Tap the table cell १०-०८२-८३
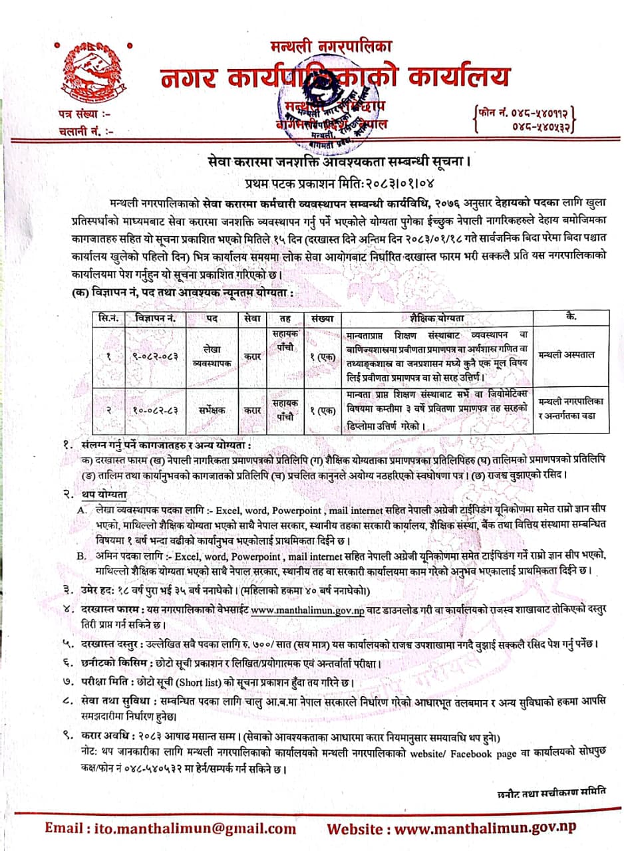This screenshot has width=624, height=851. click(155, 410)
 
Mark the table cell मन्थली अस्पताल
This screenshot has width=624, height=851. click(567, 354)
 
